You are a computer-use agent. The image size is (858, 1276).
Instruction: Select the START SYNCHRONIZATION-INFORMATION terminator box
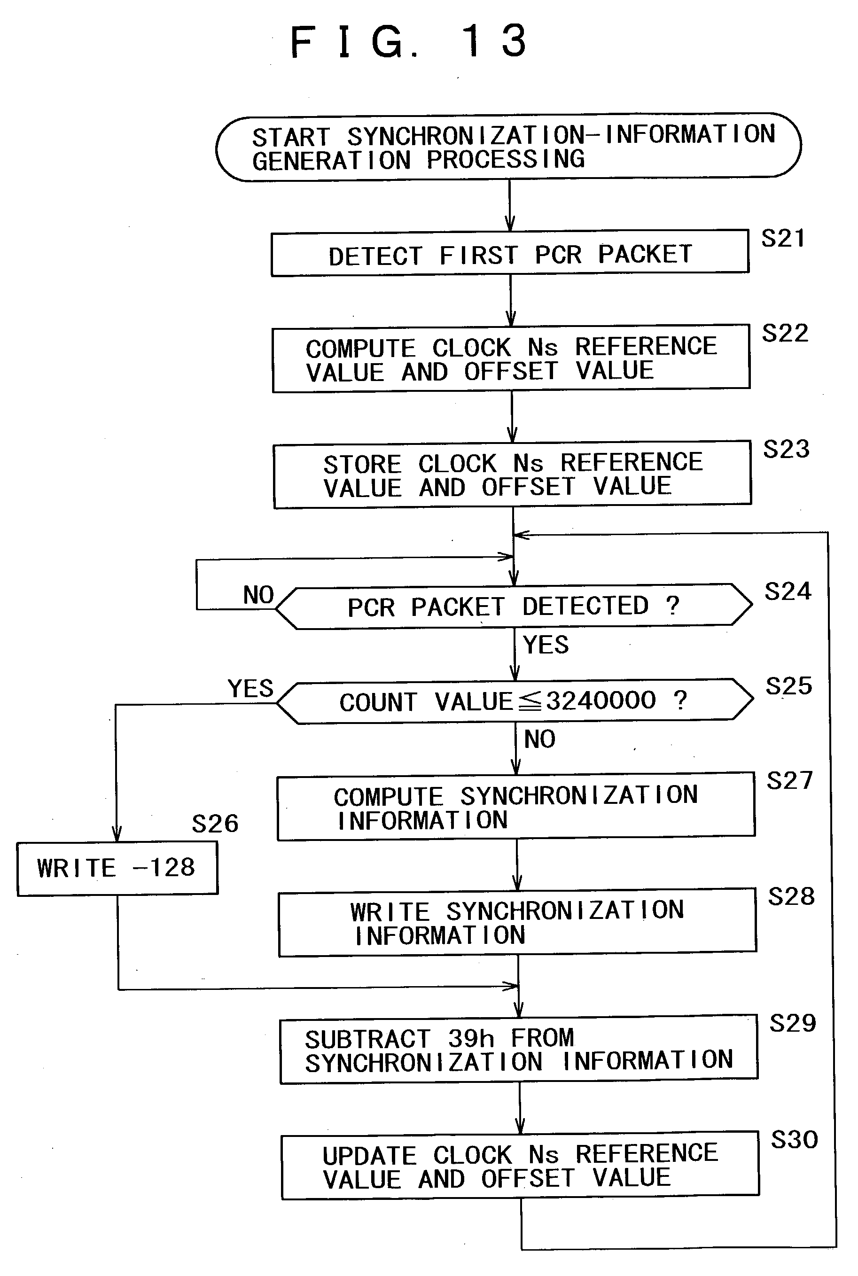pyautogui.click(x=509, y=148)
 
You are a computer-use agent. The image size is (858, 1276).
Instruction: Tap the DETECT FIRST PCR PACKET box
pyautogui.click(x=510, y=253)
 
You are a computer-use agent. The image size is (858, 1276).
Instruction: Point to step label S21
pyautogui.click(x=783, y=239)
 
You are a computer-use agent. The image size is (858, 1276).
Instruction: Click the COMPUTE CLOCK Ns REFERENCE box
pyautogui.click(x=511, y=359)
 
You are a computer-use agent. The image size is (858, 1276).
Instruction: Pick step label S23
pyautogui.click(x=786, y=449)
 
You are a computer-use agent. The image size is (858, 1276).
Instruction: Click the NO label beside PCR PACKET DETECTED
pyautogui.click(x=258, y=595)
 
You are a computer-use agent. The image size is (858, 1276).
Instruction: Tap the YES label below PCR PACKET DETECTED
pyautogui.click(x=546, y=645)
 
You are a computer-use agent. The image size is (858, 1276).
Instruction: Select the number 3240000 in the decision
pyautogui.click(x=601, y=700)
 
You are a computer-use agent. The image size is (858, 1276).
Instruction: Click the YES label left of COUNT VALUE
pyautogui.click(x=250, y=688)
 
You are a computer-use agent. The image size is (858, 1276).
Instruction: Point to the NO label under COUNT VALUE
pyautogui.click(x=539, y=739)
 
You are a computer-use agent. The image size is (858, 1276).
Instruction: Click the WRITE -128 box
pyautogui.click(x=117, y=868)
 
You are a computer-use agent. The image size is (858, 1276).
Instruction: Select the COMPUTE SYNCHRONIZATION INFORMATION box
pyautogui.click(x=516, y=807)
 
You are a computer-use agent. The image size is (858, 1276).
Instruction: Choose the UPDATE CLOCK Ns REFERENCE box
pyautogui.click(x=520, y=1167)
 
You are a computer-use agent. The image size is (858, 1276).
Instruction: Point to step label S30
pyautogui.click(x=795, y=1140)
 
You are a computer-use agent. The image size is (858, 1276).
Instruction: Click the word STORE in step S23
pyautogui.click(x=363, y=465)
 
